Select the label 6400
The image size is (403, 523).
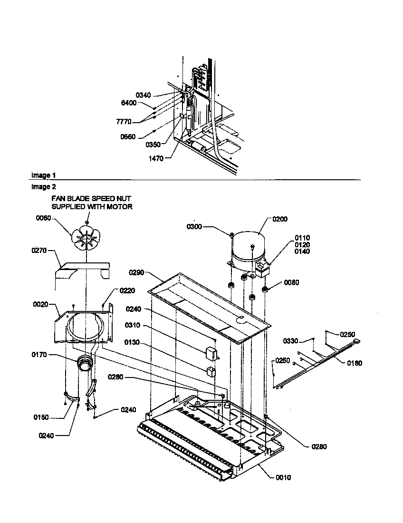(128, 103)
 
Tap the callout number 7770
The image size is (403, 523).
(124, 122)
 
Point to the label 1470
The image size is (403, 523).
(155, 159)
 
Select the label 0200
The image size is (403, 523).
(280, 219)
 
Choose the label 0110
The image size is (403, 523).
(302, 238)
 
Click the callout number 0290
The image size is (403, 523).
(136, 273)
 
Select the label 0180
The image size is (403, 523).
(355, 363)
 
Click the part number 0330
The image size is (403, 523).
(290, 341)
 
